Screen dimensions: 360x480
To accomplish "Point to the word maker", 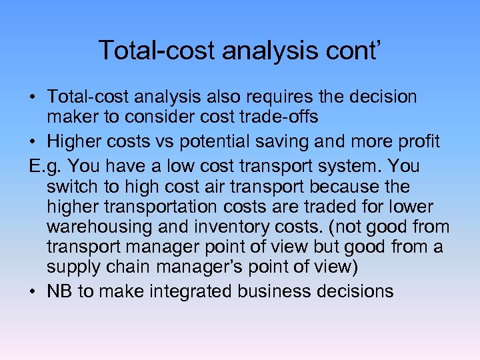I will pos(72,117).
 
